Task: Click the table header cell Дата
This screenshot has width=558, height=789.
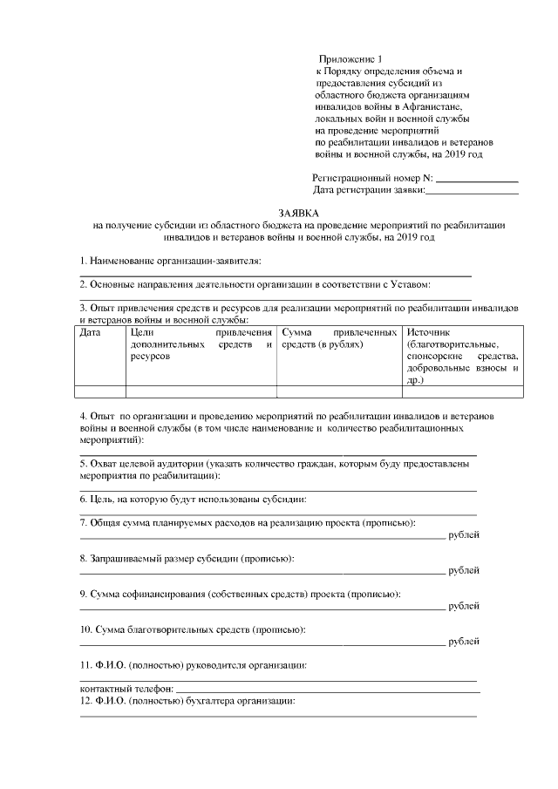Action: tap(90, 333)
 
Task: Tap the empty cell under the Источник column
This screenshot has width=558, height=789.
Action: tap(462, 391)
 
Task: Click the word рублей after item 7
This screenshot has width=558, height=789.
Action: tap(463, 534)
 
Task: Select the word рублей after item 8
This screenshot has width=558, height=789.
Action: tap(463, 570)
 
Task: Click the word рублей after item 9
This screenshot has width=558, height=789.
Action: tap(463, 606)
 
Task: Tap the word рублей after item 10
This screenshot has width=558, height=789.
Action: tap(463, 642)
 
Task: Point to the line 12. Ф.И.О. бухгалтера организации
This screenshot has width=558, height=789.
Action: tap(188, 701)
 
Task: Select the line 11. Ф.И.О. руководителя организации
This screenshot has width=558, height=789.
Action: tap(193, 665)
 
